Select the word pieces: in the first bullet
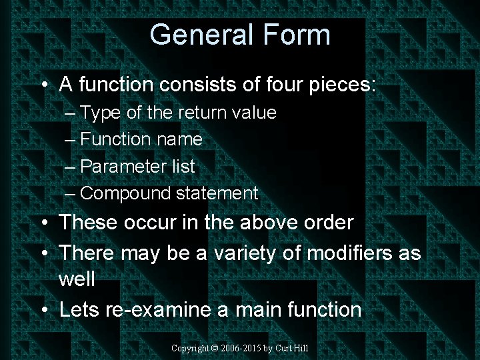click(x=342, y=85)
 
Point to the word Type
click(x=101, y=113)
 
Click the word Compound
click(x=125, y=193)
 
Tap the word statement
click(x=217, y=193)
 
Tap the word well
click(x=77, y=279)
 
